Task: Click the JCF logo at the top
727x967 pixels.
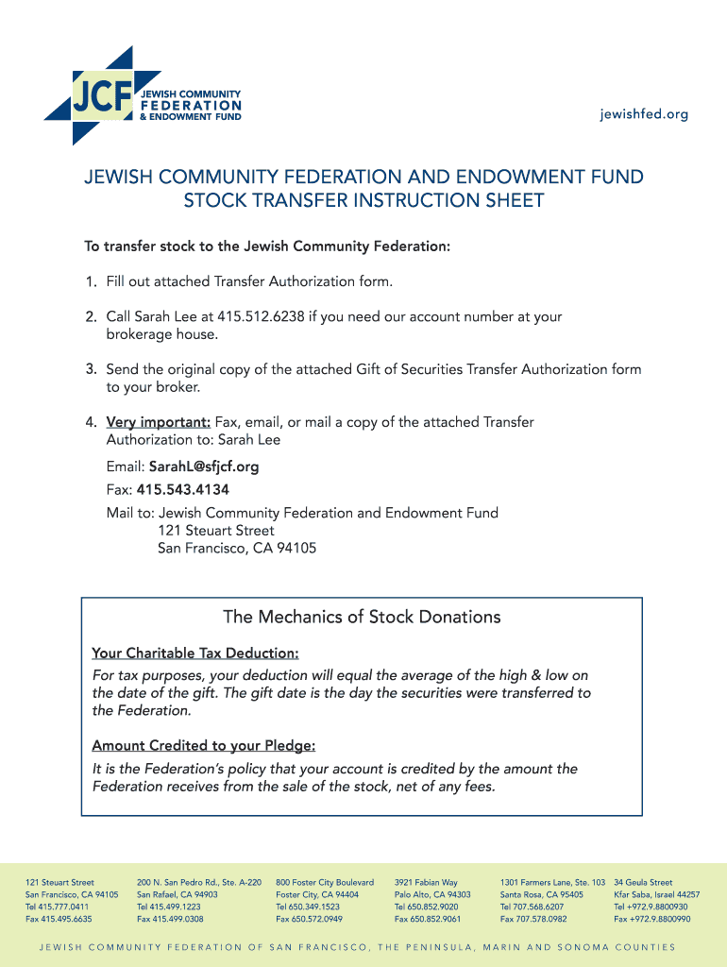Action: (x=143, y=96)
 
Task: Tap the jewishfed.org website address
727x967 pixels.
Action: (x=644, y=114)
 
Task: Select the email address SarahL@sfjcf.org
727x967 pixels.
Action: (x=204, y=467)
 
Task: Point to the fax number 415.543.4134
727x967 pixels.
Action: (x=183, y=490)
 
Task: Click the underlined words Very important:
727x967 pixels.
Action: (x=158, y=422)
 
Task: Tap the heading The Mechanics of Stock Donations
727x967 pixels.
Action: (x=362, y=618)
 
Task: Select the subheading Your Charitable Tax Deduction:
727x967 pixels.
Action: (x=195, y=653)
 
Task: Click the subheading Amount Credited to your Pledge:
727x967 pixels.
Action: (x=204, y=746)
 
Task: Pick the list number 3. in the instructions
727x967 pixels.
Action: (x=92, y=369)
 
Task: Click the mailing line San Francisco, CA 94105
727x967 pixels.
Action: (x=237, y=548)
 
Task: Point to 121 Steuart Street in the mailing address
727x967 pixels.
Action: (x=216, y=531)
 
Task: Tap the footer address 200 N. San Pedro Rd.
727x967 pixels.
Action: (x=199, y=882)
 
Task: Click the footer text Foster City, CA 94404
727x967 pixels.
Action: (x=317, y=894)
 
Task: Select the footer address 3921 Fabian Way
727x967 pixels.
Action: (x=426, y=882)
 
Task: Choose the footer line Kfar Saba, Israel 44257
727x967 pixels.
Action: (x=657, y=894)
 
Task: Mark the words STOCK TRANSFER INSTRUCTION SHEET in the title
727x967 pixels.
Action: (x=363, y=200)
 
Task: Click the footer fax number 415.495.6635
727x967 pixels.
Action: (x=59, y=919)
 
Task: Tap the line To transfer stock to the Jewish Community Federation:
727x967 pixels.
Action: (x=267, y=247)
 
